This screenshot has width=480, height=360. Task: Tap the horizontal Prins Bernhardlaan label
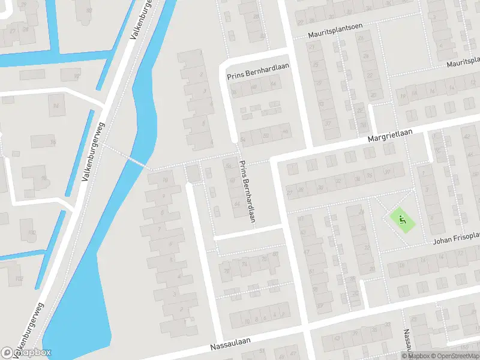(x=258, y=75)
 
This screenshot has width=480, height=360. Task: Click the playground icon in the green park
(x=403, y=219)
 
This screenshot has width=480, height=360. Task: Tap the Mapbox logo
(x=26, y=353)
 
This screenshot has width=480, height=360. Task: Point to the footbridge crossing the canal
(x=136, y=161)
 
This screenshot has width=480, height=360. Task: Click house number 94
(x=56, y=106)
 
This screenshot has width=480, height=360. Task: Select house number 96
(x=53, y=142)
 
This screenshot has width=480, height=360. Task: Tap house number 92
(x=89, y=10)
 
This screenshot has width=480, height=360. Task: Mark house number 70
(x=226, y=271)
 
